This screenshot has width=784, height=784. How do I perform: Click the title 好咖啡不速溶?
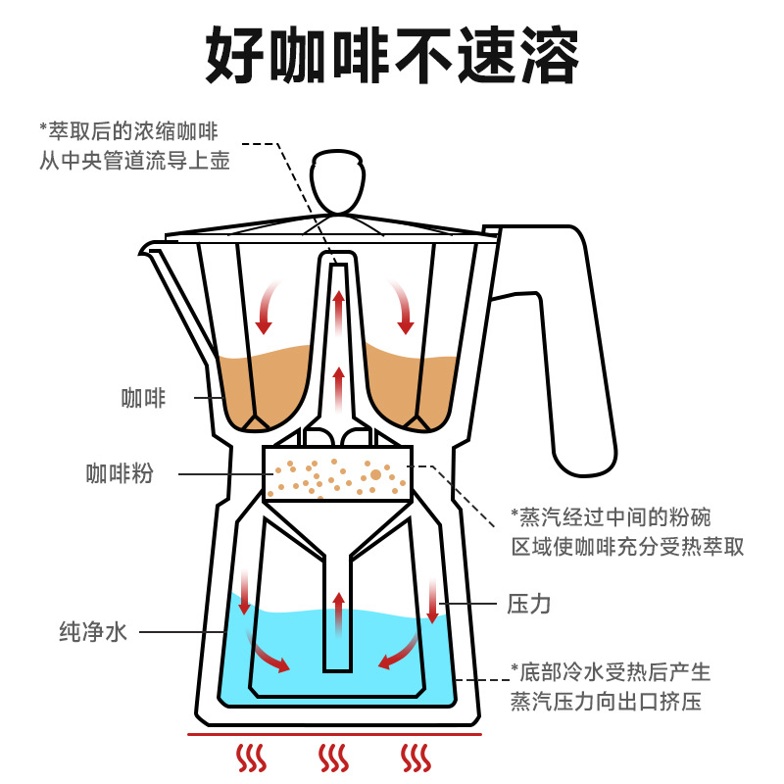point(392,57)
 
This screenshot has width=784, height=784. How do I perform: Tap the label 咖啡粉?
point(119,474)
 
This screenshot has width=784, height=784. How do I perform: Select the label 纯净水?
point(93,632)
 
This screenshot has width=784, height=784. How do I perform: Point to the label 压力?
point(528,604)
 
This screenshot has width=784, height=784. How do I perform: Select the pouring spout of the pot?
point(157,257)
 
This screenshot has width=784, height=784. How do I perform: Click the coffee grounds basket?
point(337,473)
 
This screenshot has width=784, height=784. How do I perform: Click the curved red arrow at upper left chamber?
point(268,304)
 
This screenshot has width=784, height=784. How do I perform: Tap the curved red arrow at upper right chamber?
point(402,304)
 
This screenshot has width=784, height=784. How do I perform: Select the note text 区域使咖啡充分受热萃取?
point(627,546)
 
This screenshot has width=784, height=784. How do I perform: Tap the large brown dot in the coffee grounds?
point(375,474)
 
